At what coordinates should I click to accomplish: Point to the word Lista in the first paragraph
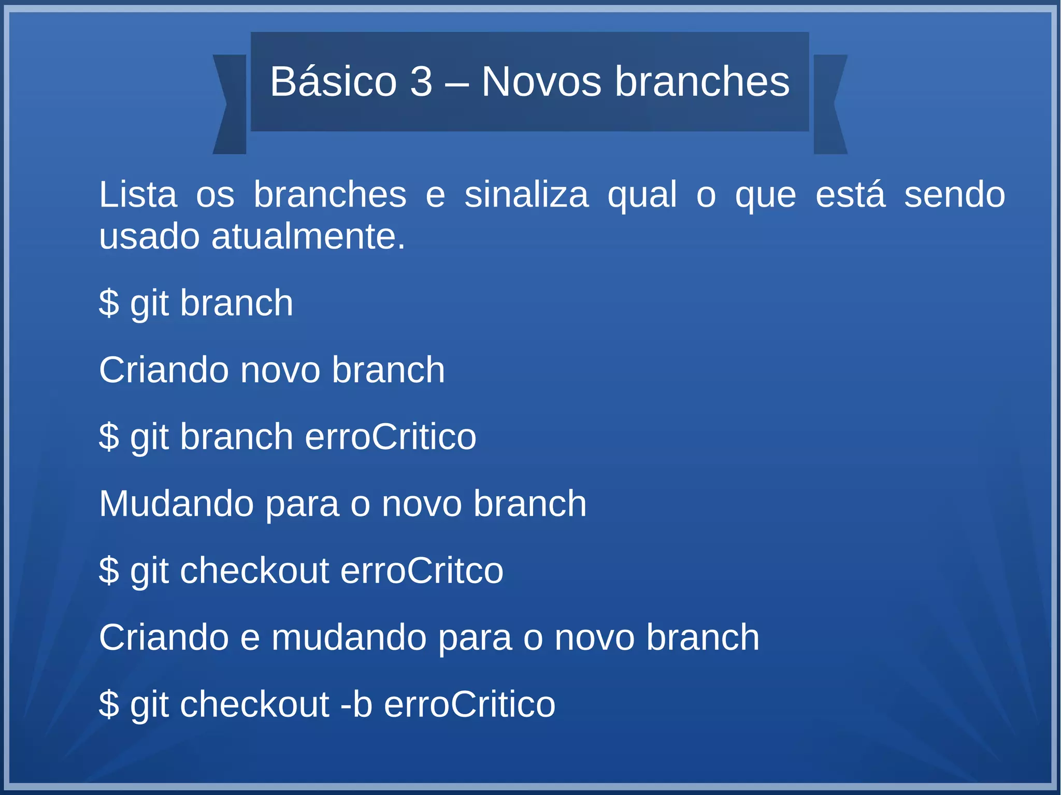click(138, 195)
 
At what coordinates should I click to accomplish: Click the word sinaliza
click(526, 195)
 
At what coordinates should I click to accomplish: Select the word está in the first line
click(850, 195)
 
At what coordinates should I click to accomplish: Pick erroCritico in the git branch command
click(390, 437)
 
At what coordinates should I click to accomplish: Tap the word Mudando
click(176, 503)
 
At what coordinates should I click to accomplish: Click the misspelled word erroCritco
click(421, 570)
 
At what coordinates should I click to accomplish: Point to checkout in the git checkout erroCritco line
click(254, 570)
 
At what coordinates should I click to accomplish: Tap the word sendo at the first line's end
click(954, 195)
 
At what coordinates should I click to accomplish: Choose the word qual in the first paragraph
click(642, 195)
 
